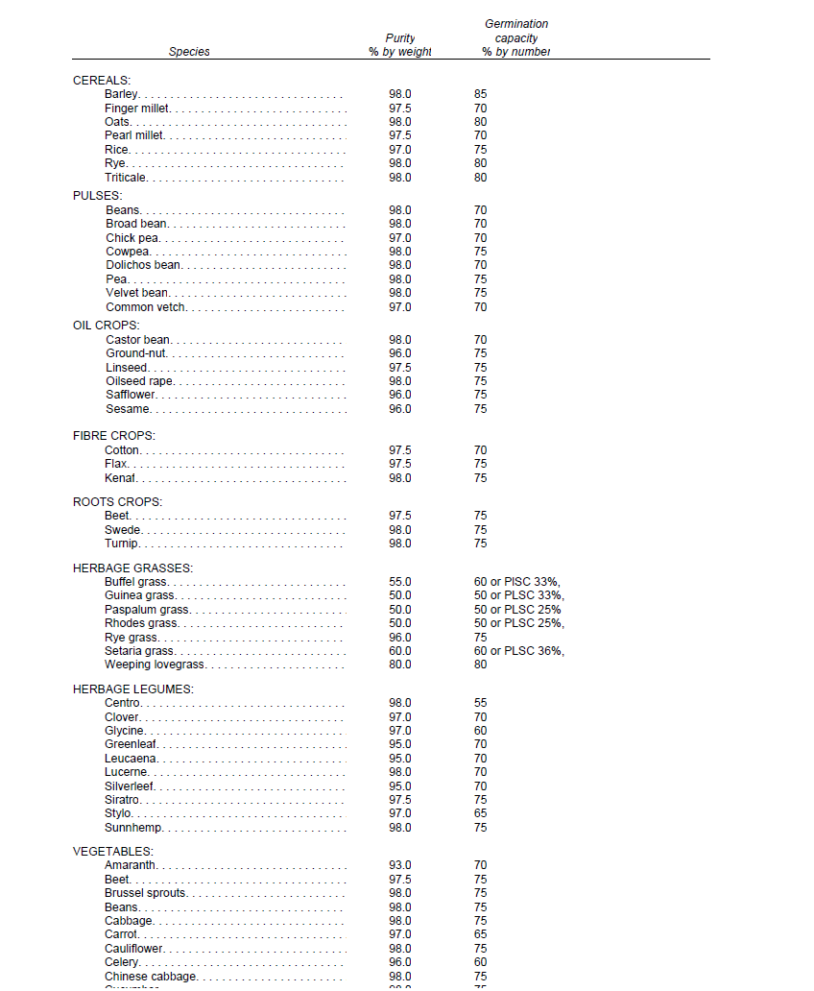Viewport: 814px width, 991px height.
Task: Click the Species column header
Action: (x=189, y=52)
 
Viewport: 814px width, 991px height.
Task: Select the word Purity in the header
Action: (x=400, y=38)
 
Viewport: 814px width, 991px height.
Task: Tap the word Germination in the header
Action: (x=516, y=24)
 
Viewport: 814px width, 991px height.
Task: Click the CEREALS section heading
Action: (x=102, y=81)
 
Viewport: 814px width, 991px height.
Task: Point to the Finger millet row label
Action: (x=137, y=109)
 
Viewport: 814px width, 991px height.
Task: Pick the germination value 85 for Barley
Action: (x=480, y=94)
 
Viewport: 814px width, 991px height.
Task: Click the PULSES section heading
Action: (x=98, y=196)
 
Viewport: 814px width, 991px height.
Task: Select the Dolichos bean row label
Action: (x=143, y=265)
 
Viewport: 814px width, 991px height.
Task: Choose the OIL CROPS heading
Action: (x=107, y=326)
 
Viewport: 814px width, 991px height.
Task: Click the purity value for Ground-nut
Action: (x=399, y=353)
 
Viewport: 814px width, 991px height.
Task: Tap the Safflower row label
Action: (x=131, y=395)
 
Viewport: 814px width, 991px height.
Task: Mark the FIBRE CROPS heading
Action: (x=114, y=436)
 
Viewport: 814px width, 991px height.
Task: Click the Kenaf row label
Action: (x=120, y=478)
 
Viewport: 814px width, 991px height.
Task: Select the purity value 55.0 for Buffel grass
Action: (x=399, y=582)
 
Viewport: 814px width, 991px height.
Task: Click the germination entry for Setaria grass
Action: (x=519, y=651)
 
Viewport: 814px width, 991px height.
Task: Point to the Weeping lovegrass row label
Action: (x=153, y=665)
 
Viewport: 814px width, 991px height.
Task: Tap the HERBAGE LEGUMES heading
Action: (x=133, y=689)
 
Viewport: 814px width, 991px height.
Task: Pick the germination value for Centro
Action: (x=480, y=703)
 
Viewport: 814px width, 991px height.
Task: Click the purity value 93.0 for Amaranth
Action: (x=399, y=865)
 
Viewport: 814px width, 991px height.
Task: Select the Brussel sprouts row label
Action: (x=146, y=893)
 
